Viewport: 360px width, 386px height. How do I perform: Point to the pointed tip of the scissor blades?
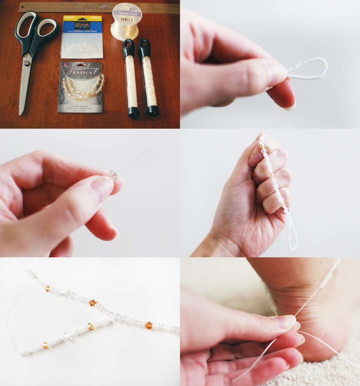coord(21,113)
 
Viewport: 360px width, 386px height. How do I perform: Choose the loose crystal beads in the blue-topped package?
coord(81,47)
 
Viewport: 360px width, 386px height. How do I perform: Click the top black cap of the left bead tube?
coord(129,47)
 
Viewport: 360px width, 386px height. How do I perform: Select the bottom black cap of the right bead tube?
coord(153,111)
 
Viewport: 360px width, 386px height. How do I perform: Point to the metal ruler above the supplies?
coord(99,8)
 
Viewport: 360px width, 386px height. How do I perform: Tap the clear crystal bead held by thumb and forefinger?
coord(113,174)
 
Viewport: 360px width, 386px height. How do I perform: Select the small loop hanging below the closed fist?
coord(293,234)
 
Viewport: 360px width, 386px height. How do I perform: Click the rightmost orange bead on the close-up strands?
coord(148,325)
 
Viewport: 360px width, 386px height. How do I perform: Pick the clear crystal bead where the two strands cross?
coord(119,318)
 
